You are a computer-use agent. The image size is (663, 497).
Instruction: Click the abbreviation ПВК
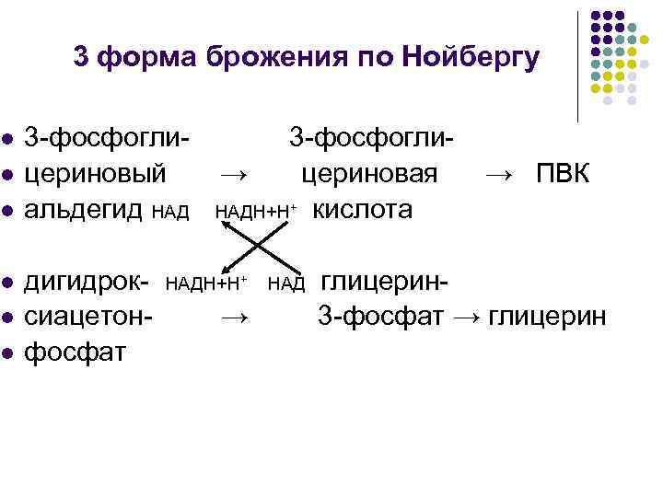563,174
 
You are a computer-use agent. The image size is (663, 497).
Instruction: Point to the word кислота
363,210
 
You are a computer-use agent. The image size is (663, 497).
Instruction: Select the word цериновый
96,174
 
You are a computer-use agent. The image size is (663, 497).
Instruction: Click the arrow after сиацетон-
235,316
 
